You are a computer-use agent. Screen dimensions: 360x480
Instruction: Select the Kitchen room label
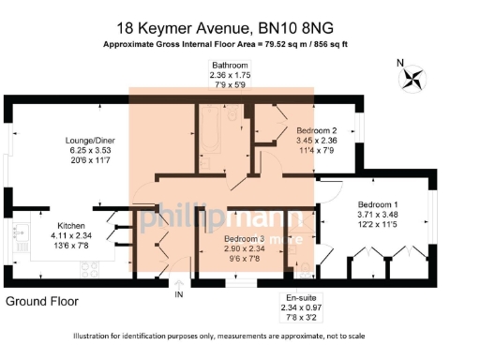tap(72, 226)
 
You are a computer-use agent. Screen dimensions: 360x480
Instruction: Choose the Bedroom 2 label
tap(316, 130)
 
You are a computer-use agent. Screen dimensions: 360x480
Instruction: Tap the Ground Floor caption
tap(42, 302)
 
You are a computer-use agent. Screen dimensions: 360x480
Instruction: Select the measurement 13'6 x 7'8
tap(72, 247)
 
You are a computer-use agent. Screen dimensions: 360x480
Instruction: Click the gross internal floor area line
tap(238, 44)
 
